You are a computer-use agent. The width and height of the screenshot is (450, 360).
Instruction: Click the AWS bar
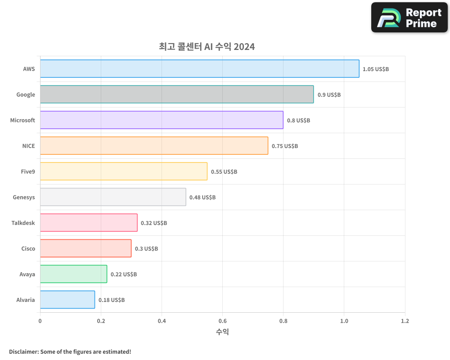click(199, 69)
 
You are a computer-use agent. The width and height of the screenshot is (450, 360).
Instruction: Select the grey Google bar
click(177, 94)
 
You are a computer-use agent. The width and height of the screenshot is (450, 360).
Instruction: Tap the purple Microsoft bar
click(162, 120)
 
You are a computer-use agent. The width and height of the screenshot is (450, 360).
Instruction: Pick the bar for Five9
click(124, 171)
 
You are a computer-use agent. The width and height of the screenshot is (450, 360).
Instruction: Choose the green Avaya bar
click(73, 274)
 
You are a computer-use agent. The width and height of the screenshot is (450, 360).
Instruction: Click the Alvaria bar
click(67, 300)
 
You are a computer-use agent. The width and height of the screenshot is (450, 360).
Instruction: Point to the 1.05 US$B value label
click(376, 69)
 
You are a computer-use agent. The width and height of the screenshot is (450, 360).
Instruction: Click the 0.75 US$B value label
click(285, 146)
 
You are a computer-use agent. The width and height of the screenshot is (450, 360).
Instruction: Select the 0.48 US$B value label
click(202, 198)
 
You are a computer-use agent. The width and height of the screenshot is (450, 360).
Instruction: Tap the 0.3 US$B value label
click(147, 249)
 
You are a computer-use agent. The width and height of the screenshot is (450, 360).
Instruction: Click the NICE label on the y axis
click(28, 146)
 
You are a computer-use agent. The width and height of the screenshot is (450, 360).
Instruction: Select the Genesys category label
click(24, 197)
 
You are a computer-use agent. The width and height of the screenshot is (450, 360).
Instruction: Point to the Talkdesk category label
click(23, 223)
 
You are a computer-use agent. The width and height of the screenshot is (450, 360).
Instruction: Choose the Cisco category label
click(28, 248)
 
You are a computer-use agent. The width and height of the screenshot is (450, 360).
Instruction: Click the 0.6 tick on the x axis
click(222, 321)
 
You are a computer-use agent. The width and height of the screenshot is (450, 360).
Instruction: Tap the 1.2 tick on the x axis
click(405, 321)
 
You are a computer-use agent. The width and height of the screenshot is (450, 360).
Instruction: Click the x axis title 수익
click(222, 332)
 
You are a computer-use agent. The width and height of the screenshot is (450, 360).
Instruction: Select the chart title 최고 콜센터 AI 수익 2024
click(207, 46)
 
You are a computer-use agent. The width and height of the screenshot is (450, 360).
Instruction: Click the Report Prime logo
click(409, 18)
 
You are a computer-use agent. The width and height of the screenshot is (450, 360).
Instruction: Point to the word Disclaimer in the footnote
click(23, 351)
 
